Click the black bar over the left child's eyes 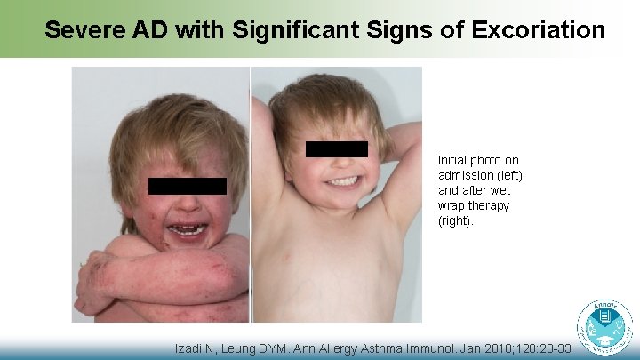[187, 186]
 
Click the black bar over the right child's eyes [336, 149]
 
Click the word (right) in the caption [456, 220]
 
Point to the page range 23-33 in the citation [550, 349]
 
